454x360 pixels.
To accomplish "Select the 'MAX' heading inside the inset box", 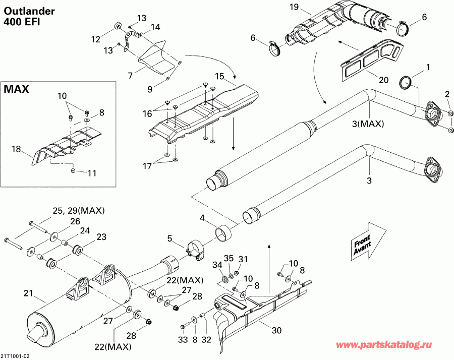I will pos(17,90).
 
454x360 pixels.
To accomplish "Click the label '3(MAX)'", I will pos(368,124).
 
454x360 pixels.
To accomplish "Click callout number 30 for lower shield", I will pos(276,331).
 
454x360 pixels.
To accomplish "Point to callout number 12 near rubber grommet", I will pos(96,38).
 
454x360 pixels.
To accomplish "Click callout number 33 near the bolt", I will pos(183,340).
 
